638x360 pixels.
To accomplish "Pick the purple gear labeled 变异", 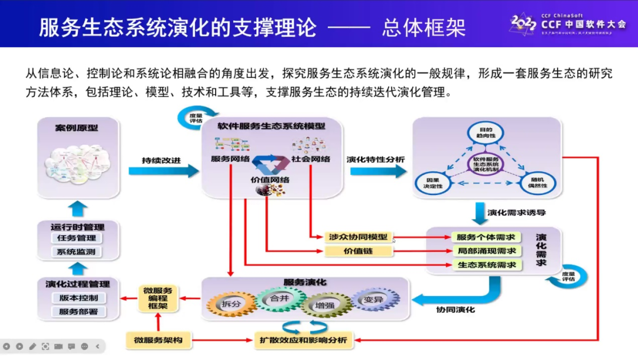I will [375, 300].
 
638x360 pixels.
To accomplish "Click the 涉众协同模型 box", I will [359, 237].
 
